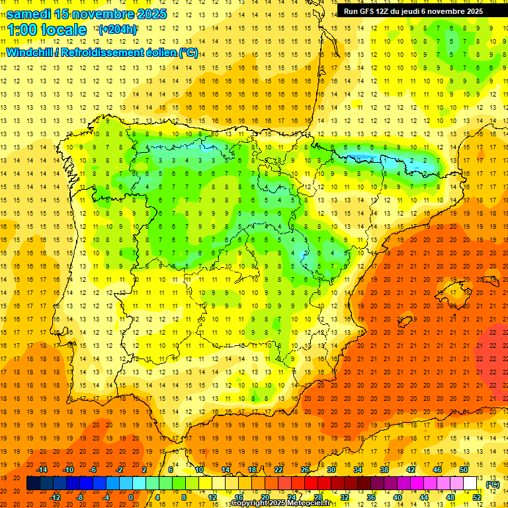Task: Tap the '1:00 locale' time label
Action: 47,30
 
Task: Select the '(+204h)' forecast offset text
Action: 118,30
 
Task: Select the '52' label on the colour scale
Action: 477,497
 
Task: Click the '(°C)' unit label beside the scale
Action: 493,484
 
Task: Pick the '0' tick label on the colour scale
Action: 131,497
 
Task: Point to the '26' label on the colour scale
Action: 305,470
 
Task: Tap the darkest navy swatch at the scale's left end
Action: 33,484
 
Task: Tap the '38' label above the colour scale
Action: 384,470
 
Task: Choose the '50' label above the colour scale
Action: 464,470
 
